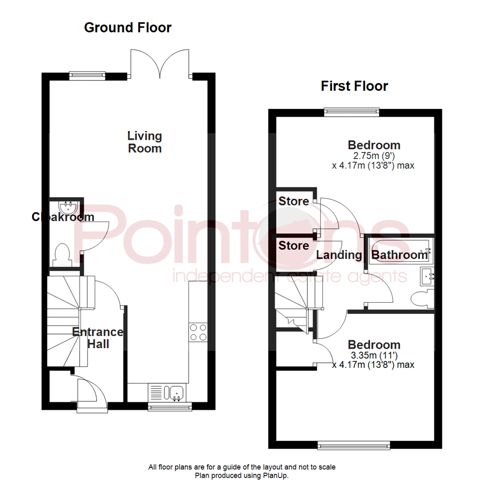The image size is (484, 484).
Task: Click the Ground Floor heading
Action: pyautogui.click(x=128, y=28)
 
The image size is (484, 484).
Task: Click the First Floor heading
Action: pyautogui.click(x=354, y=86)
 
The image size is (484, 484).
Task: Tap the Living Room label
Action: pyautogui.click(x=144, y=142)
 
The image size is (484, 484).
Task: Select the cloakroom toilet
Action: pyautogui.click(x=60, y=254)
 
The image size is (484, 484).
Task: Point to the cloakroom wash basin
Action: pyautogui.click(x=69, y=207)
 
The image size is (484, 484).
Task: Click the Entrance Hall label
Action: pyautogui.click(x=98, y=338)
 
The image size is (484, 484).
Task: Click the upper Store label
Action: pyautogui.click(x=294, y=201)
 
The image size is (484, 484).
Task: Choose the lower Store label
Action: pyautogui.click(x=294, y=246)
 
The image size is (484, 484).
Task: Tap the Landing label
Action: pyautogui.click(x=339, y=255)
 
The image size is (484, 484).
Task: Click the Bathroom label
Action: pyautogui.click(x=400, y=255)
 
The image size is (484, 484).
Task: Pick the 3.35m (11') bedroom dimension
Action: pyautogui.click(x=374, y=355)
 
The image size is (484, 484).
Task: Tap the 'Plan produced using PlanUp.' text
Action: pyautogui.click(x=242, y=475)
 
